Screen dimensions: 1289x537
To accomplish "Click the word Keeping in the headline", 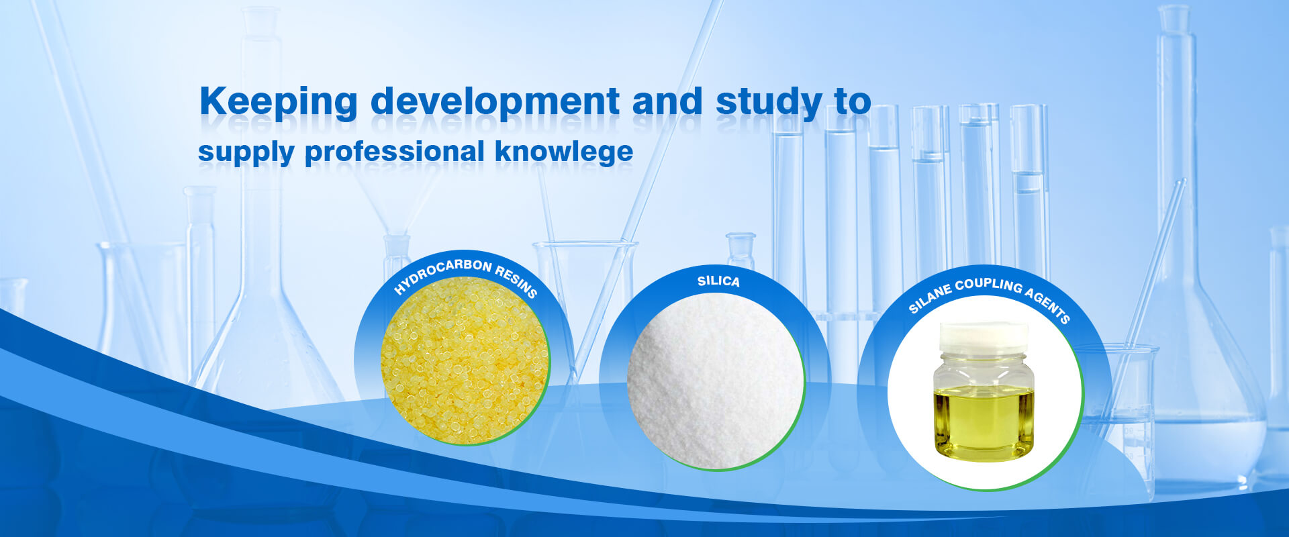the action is [279, 103].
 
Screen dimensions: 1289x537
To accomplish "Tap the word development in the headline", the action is [495, 103].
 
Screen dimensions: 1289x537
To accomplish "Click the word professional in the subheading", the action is [395, 152].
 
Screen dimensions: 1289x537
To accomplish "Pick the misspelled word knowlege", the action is [564, 152].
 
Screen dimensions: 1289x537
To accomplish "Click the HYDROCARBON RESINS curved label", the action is [466, 275].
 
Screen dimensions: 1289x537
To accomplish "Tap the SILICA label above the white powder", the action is [718, 281].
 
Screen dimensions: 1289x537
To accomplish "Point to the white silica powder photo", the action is [715, 381].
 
